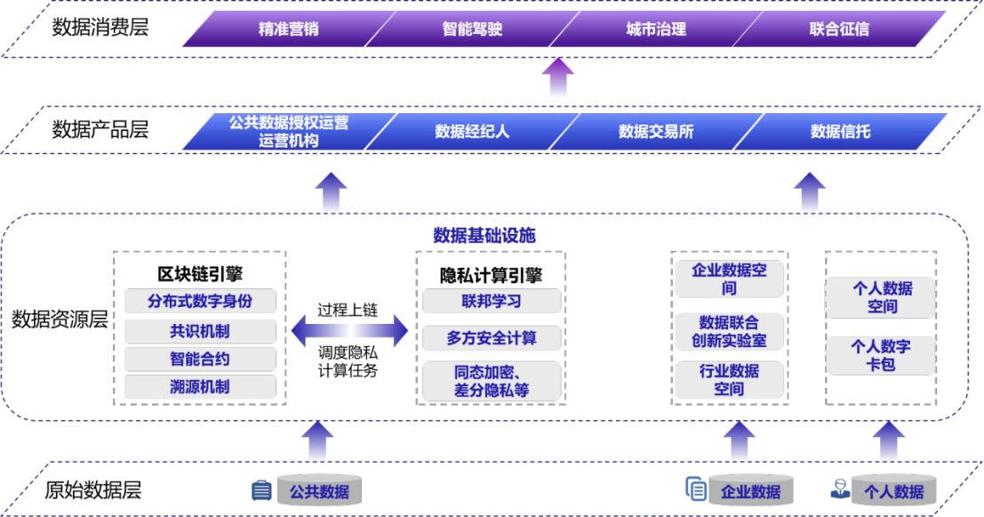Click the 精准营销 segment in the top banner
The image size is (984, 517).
pos(288,29)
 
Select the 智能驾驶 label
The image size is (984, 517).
pos(472,29)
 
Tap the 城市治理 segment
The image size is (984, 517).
pos(656,29)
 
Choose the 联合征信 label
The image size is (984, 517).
pos(839,29)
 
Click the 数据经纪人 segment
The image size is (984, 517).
pos(472,132)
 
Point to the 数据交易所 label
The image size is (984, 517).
pos(656,132)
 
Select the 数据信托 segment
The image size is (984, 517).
pos(840,132)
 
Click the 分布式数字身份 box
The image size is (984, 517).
pos(200,302)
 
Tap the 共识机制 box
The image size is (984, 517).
pos(200,331)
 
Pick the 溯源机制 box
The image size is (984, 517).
pos(200,387)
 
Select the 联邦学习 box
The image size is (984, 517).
pos(491,302)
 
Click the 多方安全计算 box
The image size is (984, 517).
pos(491,338)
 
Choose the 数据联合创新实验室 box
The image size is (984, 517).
pos(729,331)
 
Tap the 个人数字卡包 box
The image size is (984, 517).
pos(880,355)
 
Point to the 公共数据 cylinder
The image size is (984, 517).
pos(319,491)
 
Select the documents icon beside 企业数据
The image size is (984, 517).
pos(696,489)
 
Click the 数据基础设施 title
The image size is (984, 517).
pos(484,236)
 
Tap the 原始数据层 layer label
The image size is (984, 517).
pos(92,489)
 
